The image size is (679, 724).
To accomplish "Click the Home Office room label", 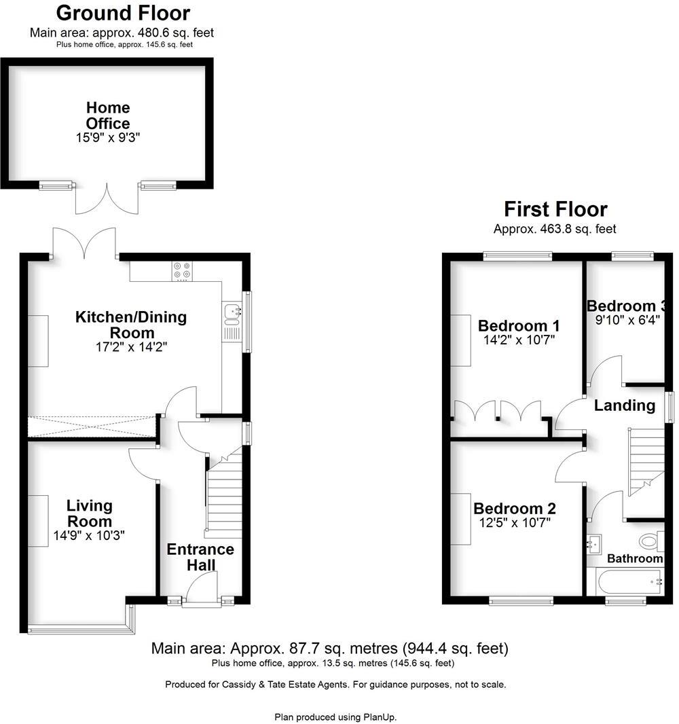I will (x=108, y=115).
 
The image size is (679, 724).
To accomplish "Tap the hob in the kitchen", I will (x=181, y=271).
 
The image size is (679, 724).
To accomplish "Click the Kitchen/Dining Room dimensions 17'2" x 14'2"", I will (x=131, y=347).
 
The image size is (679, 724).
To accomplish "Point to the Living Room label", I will (x=90, y=513).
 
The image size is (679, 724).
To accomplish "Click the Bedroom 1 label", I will (x=519, y=325).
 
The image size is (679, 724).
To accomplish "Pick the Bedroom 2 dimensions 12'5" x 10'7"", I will (x=515, y=522).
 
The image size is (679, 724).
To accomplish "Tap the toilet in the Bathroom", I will (x=649, y=541).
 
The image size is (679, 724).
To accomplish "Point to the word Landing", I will (x=624, y=405).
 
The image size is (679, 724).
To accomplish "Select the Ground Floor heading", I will (x=123, y=12).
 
